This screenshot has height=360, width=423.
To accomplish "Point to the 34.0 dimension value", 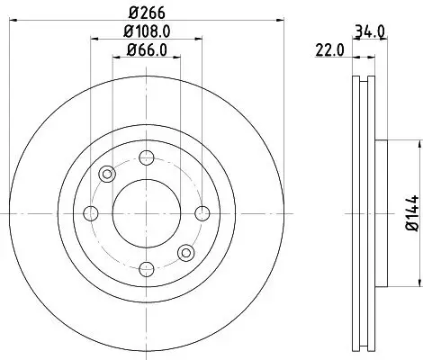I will (371, 31).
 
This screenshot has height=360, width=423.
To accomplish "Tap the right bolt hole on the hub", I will (202, 212).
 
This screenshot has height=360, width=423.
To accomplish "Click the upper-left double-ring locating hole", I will (107, 174).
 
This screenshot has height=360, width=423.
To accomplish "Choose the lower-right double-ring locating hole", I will (185, 252).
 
